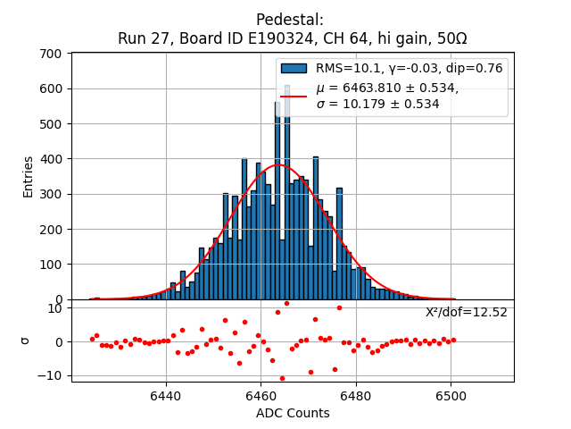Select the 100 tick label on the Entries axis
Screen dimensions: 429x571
(x=50, y=265)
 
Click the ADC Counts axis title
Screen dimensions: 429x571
(x=293, y=413)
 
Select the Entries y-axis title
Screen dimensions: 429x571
(x=29, y=176)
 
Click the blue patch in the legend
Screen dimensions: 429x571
(x=294, y=68)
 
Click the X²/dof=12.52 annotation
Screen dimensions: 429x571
(x=466, y=313)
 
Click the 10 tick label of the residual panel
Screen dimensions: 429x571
(x=54, y=308)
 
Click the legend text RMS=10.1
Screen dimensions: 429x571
(x=347, y=68)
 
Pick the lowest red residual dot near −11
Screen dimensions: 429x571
(x=282, y=378)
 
